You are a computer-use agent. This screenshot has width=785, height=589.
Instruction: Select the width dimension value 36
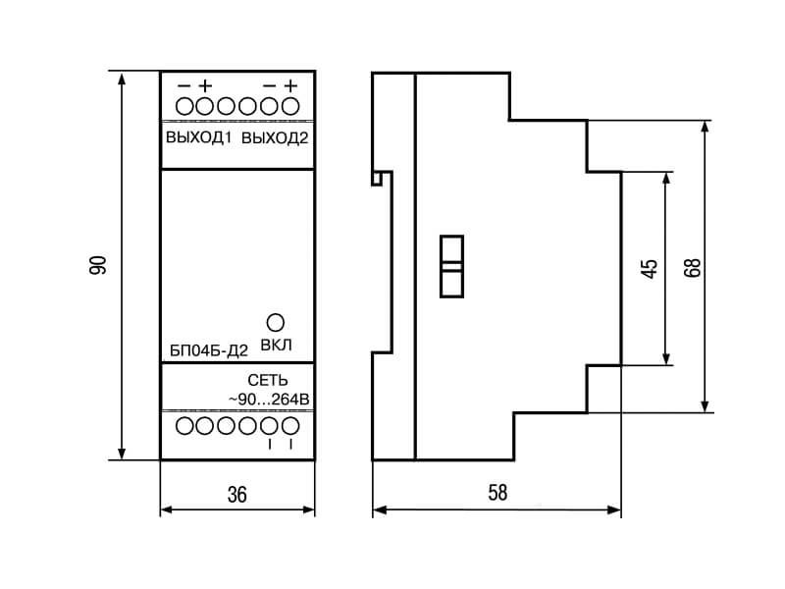[237, 495]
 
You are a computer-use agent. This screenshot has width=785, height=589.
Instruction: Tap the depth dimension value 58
[497, 493]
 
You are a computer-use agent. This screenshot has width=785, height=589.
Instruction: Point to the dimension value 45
[650, 269]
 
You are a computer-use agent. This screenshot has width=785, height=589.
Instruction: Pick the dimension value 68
[693, 268]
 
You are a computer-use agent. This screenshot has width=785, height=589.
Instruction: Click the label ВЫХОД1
[199, 137]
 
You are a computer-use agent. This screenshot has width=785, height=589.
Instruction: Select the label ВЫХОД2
[275, 138]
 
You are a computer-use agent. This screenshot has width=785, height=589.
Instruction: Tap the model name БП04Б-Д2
[209, 350]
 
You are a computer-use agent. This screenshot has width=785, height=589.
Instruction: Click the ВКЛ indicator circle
[276, 323]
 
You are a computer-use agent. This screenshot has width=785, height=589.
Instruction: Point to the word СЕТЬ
[268, 380]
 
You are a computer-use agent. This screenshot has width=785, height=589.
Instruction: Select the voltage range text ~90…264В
[269, 400]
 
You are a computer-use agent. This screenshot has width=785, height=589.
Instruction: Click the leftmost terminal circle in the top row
[184, 106]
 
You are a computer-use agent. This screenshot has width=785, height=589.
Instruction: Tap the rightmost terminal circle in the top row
[290, 106]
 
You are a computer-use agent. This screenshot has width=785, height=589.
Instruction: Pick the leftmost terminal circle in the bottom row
[184, 426]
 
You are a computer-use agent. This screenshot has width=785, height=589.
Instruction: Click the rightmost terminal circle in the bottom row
[290, 426]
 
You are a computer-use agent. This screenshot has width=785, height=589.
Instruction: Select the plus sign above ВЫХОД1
[205, 86]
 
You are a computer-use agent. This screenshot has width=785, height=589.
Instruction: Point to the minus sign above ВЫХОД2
[269, 86]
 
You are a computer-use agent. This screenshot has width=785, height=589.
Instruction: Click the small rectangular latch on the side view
[451, 266]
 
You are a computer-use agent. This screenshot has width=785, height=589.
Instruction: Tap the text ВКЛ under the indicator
[277, 346]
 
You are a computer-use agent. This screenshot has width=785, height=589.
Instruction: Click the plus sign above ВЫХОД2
[290, 86]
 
